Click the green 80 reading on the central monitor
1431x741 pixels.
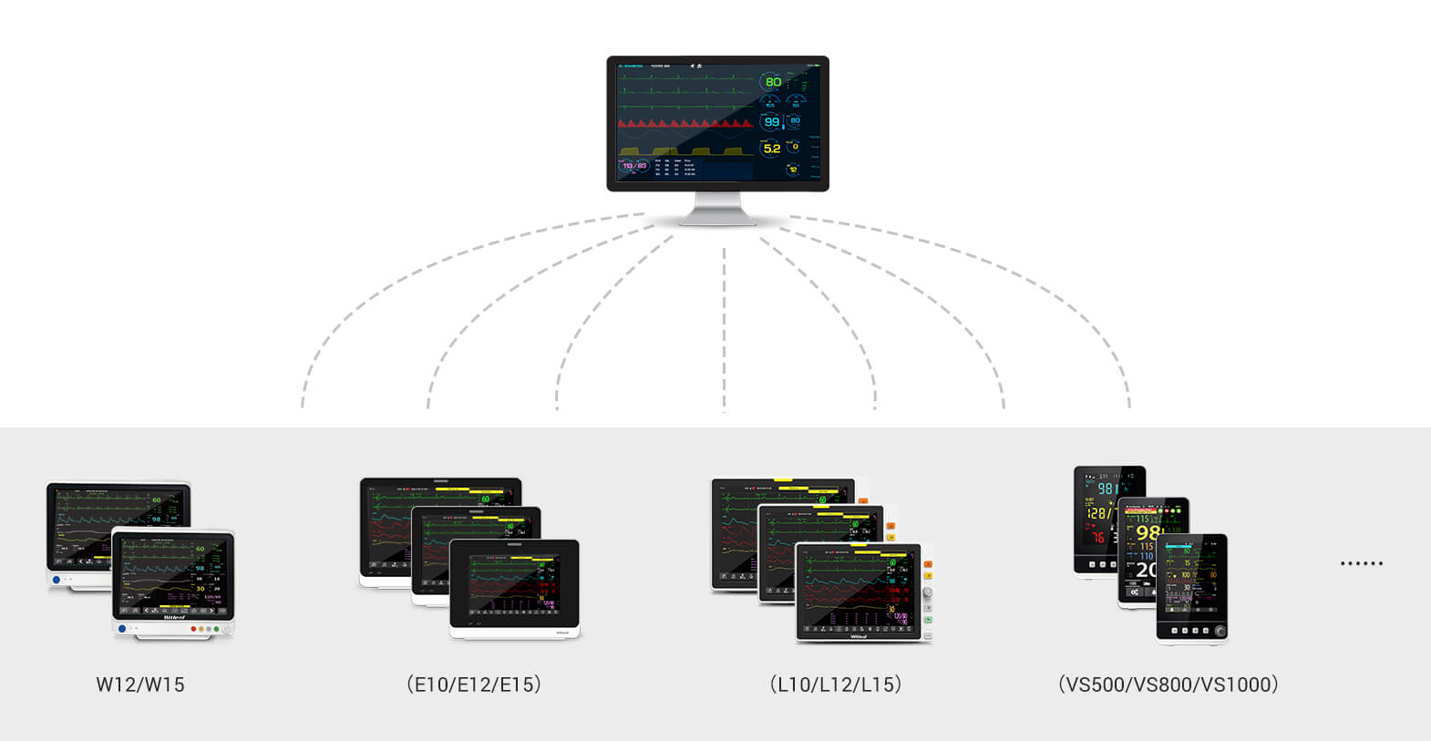pyautogui.click(x=773, y=82)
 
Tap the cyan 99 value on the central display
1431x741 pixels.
pyautogui.click(x=772, y=122)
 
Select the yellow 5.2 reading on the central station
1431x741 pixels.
pyautogui.click(x=772, y=149)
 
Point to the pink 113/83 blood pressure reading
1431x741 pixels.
pyautogui.click(x=634, y=166)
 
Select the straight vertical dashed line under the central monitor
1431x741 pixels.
pyautogui.click(x=724, y=328)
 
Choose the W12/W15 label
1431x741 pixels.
pyautogui.click(x=140, y=684)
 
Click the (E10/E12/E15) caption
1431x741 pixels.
pyautogui.click(x=474, y=684)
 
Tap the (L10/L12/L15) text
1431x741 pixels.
pyautogui.click(x=835, y=684)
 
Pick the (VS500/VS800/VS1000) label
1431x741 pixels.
pyautogui.click(x=1168, y=684)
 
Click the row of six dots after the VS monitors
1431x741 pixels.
pyautogui.click(x=1362, y=563)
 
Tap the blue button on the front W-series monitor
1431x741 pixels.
pyautogui.click(x=122, y=629)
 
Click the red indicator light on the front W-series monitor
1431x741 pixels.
pyautogui.click(x=193, y=629)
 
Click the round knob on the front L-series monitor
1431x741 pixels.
pyautogui.click(x=928, y=592)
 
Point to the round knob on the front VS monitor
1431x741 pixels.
pyautogui.click(x=1220, y=631)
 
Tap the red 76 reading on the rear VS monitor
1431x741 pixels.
pyautogui.click(x=1097, y=537)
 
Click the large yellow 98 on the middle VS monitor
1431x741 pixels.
pyautogui.click(x=1147, y=532)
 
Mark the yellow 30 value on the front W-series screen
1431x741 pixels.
pyautogui.click(x=201, y=589)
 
